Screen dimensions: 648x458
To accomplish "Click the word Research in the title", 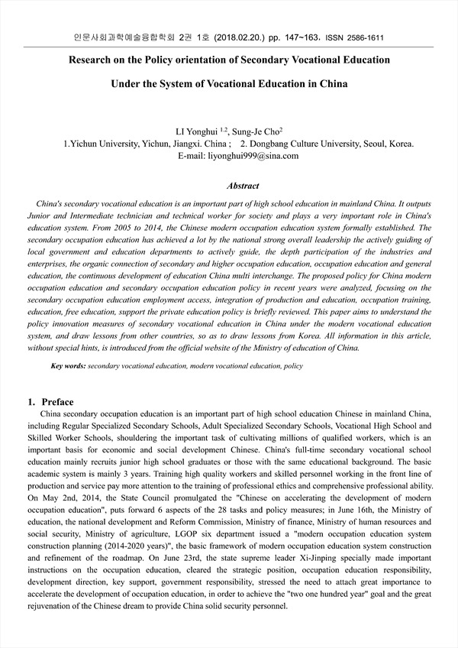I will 95,60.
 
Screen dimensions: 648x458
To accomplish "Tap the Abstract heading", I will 243,186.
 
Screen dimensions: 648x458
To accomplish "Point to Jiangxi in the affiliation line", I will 188,144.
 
